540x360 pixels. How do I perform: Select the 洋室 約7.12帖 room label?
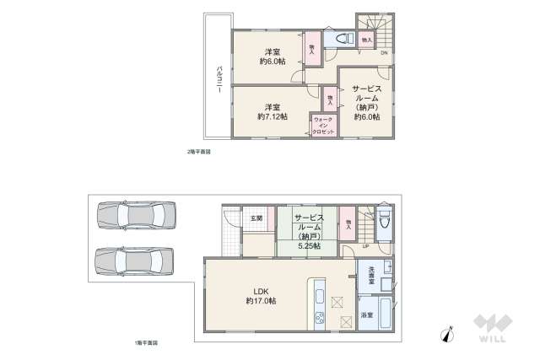coord(272,111)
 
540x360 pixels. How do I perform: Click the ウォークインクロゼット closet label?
coord(323,126)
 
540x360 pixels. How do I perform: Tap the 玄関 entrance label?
coord(256,218)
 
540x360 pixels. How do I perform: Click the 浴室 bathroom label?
coord(367,314)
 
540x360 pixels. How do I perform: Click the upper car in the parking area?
coord(135,216)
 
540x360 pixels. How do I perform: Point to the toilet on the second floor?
coord(342,39)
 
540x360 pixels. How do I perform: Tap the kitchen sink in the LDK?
coord(321,296)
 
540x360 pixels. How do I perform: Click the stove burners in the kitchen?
coord(321,319)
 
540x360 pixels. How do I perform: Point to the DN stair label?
coord(384,54)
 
